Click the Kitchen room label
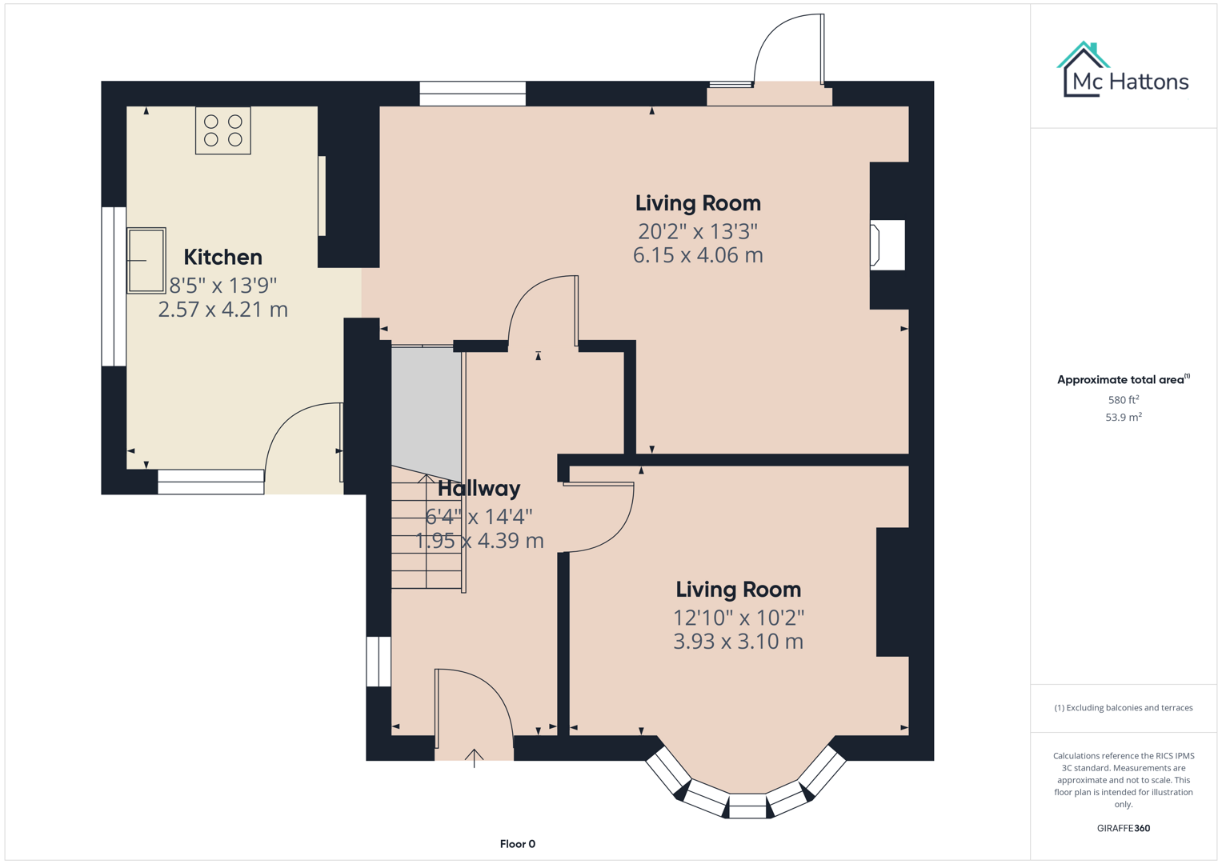coord(222,257)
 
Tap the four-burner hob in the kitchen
coord(223,130)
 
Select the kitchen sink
coord(146,261)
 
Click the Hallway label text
coord(479,488)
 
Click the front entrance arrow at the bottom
coord(474,757)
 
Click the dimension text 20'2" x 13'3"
coord(697,231)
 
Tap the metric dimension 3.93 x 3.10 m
coord(738,642)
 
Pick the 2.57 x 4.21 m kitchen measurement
coord(222,310)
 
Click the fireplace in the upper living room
coord(887,245)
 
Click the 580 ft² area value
coord(1123,400)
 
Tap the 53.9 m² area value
coord(1123,418)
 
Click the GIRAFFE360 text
coord(1123,828)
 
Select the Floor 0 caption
coord(517,844)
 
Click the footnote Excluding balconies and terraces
coord(1123,708)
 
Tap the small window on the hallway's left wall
coord(379,662)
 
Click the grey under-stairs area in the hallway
coord(426,408)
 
